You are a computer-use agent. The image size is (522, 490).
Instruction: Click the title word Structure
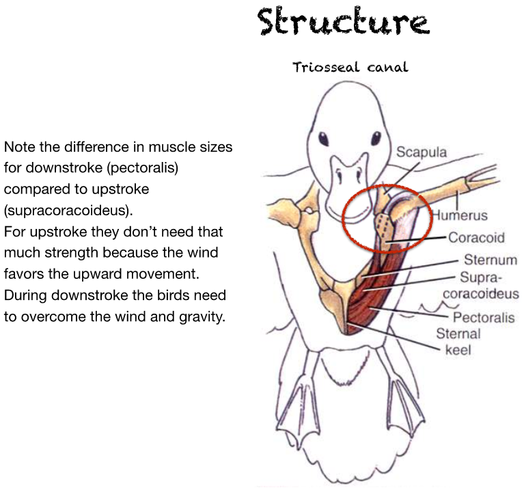[x=342, y=22]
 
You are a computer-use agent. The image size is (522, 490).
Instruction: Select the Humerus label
[x=464, y=215]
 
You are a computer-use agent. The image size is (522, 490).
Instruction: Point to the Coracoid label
[x=476, y=238]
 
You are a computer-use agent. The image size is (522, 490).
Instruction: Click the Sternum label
[x=491, y=260]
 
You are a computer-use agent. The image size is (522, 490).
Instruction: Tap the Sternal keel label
[x=458, y=341]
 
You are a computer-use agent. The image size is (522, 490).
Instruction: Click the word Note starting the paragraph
[x=18, y=147]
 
